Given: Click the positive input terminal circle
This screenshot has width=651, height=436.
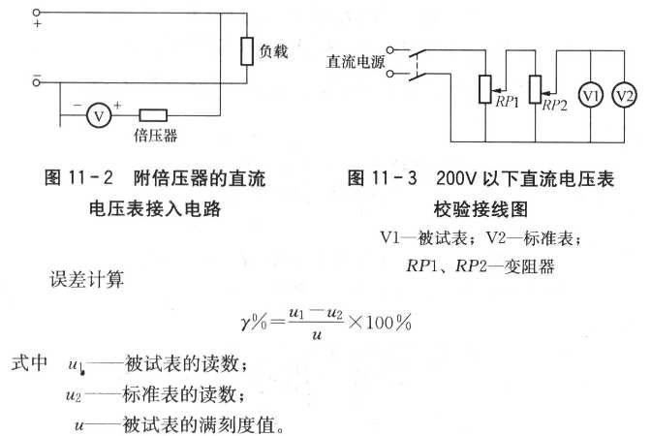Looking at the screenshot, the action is coord(37,13).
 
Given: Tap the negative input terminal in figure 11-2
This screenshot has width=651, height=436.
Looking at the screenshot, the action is coord(37,82).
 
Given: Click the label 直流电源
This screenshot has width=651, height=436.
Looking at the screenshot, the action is coord(356,61).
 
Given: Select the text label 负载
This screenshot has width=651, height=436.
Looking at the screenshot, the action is coord(273,51).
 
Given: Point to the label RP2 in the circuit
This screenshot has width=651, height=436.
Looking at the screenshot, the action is coord(554,105).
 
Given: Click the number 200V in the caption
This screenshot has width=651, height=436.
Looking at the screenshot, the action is coord(456,178).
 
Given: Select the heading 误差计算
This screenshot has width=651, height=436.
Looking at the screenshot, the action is coord(87,279).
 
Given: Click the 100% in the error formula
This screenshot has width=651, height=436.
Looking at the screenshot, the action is coord(388,322).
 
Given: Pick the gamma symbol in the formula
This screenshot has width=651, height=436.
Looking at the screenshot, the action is coord(245,323).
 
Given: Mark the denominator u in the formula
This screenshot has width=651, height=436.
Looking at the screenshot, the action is coord(317,335).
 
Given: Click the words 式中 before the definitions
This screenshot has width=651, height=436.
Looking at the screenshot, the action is coord(29,363).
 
